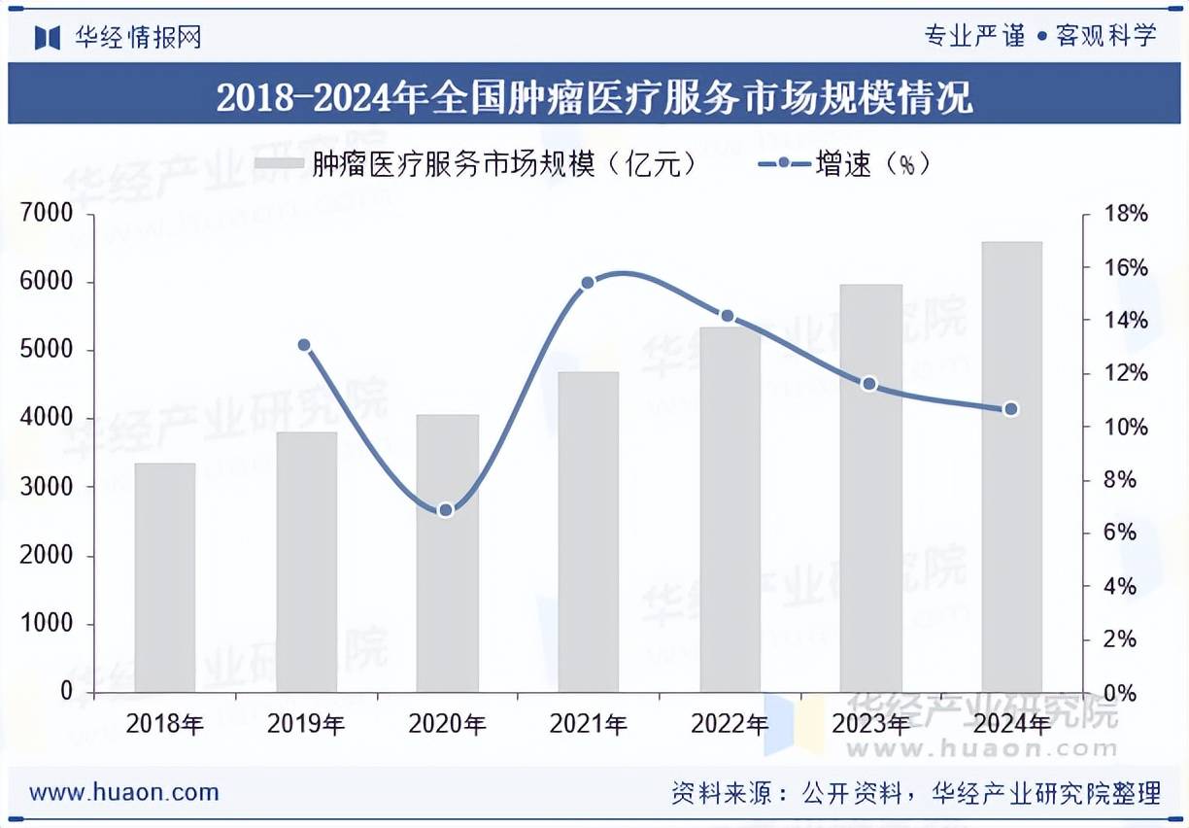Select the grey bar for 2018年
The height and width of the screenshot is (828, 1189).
click(165, 577)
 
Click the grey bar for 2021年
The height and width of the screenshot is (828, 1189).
click(589, 532)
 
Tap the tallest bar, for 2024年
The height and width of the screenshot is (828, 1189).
click(1011, 466)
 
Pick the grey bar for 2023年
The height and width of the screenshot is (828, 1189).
click(870, 488)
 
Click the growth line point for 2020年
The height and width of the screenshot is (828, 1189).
click(446, 510)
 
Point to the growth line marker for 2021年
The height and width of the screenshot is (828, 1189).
click(588, 283)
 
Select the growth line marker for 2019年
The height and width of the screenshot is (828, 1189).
click(304, 345)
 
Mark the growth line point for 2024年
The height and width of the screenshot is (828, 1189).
click(1011, 409)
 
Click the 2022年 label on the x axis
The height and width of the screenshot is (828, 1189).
click(730, 724)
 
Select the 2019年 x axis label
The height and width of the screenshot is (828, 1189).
click(306, 724)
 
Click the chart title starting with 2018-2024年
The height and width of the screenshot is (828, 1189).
click(594, 98)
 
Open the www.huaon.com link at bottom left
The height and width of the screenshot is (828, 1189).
click(124, 792)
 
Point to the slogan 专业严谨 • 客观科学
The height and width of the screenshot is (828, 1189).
click(1040, 36)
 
